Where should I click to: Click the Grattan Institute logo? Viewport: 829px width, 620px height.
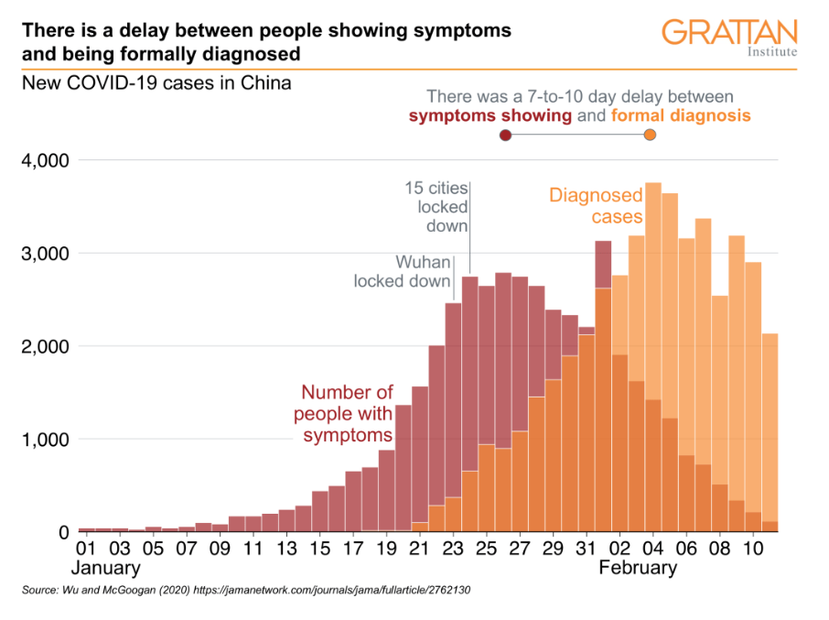(729, 37)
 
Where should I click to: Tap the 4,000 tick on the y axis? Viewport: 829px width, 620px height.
(44, 161)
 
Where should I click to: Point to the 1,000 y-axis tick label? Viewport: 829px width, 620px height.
(44, 440)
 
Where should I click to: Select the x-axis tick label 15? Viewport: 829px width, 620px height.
(319, 549)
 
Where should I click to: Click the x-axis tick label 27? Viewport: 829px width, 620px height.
(520, 549)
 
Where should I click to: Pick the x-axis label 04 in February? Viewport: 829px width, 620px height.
(653, 549)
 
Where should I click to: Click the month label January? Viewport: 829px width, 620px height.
(108, 569)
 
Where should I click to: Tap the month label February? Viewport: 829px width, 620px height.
(638, 569)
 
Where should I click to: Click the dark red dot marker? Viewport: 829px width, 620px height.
(505, 136)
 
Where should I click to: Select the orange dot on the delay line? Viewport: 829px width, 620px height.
(650, 136)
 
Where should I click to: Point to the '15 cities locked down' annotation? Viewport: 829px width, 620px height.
(436, 207)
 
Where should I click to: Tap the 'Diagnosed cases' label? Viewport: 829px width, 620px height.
(596, 206)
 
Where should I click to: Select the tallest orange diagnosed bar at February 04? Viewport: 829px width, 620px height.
(653, 275)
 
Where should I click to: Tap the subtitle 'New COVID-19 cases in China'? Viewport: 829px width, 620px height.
(156, 84)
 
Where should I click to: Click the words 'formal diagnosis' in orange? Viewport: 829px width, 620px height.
(681, 116)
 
